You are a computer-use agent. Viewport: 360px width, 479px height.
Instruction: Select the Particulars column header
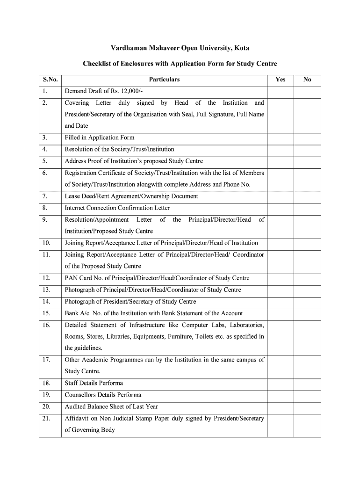(x=164, y=80)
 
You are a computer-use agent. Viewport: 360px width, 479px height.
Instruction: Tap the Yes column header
(x=281, y=80)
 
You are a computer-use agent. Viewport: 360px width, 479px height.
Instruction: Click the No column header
(x=307, y=80)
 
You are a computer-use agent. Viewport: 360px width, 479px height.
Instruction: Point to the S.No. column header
(x=50, y=80)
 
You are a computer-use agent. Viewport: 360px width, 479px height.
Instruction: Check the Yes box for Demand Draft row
(x=281, y=91)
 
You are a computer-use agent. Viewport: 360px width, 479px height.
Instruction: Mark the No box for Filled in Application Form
(x=307, y=138)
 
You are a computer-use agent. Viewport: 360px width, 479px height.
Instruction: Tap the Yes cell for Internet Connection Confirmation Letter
(x=281, y=208)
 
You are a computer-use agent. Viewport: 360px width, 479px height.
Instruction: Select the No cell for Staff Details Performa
(x=307, y=384)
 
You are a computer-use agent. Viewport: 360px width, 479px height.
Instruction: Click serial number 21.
(x=46, y=419)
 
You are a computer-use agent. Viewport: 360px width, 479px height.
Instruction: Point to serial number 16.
(x=46, y=325)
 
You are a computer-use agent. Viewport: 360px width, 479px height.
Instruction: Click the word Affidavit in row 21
(x=78, y=419)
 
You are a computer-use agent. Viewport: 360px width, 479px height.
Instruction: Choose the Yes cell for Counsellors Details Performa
(x=281, y=395)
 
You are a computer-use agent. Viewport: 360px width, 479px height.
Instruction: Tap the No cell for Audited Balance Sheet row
(x=307, y=407)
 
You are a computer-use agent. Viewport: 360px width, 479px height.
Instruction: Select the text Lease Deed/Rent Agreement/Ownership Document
(x=131, y=196)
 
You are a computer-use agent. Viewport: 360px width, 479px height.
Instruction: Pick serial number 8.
(x=44, y=208)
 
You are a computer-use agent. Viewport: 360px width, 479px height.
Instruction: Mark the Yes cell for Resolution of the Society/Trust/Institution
(x=281, y=150)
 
